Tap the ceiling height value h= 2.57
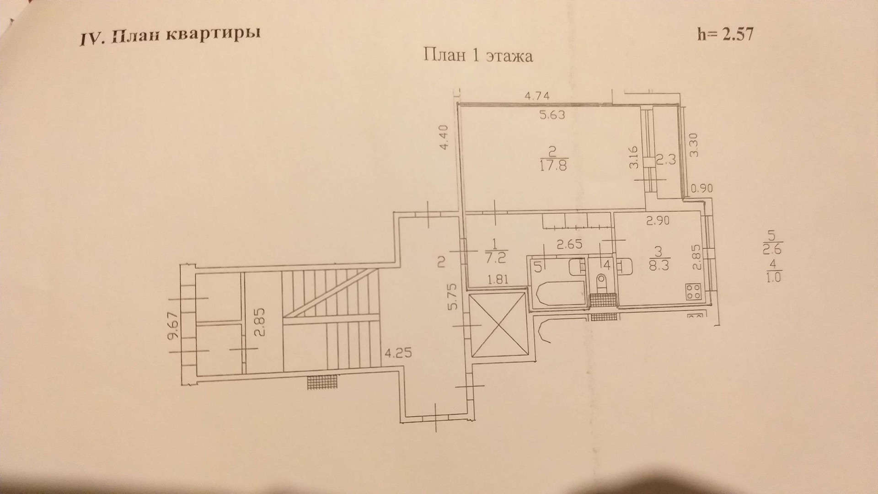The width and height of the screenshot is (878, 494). pos(725,34)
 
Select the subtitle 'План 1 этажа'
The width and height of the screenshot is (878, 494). pos(478,56)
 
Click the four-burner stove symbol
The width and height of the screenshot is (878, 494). pos(693,291)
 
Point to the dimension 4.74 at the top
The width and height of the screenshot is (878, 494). pos(537,96)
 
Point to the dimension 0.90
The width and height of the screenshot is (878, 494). pos(701,188)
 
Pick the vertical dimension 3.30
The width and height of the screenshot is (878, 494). pos(695,145)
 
